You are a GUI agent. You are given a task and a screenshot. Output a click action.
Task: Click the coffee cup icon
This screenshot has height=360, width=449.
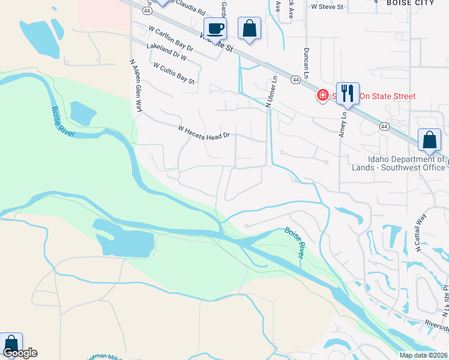tap(215, 28)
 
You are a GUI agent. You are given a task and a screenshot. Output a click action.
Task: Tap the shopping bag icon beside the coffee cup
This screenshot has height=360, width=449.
tap(249, 28)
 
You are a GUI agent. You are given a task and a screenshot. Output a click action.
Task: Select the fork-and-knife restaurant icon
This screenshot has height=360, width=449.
tap(347, 94)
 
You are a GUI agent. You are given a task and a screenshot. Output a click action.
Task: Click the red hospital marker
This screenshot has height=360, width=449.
tap(322, 95)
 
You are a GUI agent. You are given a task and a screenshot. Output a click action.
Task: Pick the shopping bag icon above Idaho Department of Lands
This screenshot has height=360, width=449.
tap(430, 140)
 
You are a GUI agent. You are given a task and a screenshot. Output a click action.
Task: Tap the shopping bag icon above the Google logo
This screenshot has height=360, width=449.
tap(11, 343)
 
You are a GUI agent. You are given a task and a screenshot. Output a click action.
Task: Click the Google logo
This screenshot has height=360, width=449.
tap(20, 353)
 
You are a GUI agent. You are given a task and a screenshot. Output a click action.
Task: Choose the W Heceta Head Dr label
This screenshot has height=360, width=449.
tap(204, 133)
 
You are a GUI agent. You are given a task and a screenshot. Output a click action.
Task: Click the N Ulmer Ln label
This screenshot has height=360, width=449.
tap(271, 91)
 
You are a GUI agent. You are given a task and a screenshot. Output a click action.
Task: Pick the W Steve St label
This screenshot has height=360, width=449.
tap(327, 7)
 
